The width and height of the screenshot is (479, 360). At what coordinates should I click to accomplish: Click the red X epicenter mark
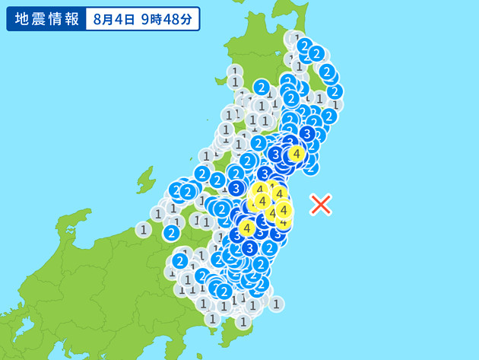click(x=321, y=203)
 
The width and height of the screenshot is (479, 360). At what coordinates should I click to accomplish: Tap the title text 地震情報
click(x=43, y=19)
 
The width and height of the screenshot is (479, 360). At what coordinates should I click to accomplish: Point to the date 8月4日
click(x=116, y=19)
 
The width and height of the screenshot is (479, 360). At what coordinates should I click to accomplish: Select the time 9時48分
click(x=166, y=19)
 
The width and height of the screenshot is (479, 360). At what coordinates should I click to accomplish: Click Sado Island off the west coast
click(x=144, y=181)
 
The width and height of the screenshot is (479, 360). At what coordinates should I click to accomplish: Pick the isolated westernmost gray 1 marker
click(x=143, y=229)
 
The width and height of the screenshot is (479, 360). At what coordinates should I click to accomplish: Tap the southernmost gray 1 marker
click(x=243, y=321)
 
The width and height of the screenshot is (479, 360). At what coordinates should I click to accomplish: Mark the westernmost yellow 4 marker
click(x=246, y=228)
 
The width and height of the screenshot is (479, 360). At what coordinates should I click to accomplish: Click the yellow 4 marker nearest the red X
click(x=284, y=209)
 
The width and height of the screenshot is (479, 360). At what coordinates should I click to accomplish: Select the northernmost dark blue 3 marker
click(x=307, y=134)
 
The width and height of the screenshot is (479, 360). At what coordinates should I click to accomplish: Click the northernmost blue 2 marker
click(x=304, y=46)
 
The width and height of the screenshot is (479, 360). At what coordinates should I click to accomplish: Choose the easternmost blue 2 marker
click(x=335, y=91)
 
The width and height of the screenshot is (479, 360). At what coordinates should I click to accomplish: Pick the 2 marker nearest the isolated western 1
click(x=173, y=231)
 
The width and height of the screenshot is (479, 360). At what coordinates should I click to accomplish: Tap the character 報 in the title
click(x=71, y=19)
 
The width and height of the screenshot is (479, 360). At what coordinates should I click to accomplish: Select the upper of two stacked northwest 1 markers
click(x=235, y=70)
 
